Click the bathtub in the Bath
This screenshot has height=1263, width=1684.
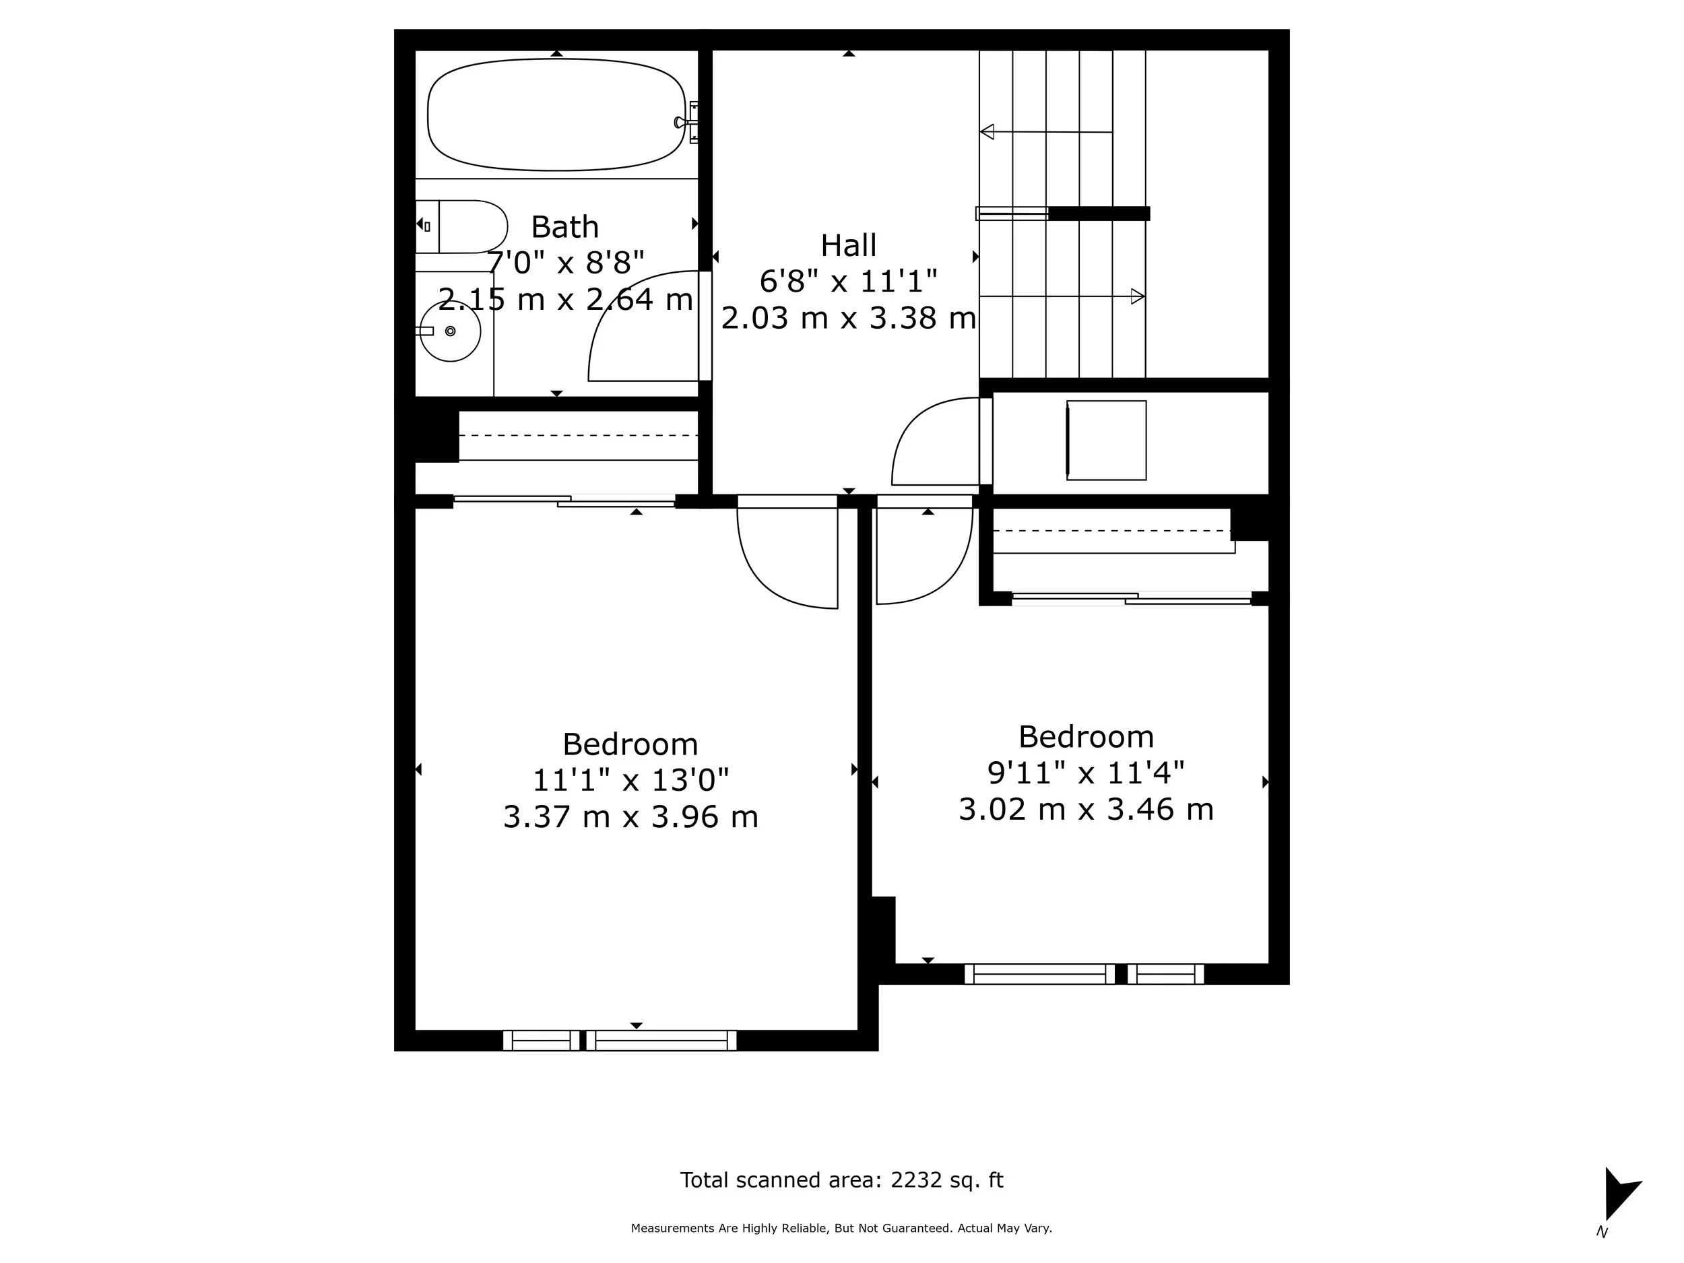coord(556,115)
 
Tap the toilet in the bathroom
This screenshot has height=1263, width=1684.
coord(468,226)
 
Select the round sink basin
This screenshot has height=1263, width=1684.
coord(451,331)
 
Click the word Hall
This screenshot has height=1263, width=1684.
coord(848,246)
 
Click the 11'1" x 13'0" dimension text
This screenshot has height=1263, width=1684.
coord(630,780)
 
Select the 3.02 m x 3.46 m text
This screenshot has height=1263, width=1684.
coord(1086,809)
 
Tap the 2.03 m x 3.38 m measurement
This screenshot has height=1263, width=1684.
coord(848,318)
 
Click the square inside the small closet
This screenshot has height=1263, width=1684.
coord(1106,440)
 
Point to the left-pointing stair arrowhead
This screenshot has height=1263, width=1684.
coord(987,132)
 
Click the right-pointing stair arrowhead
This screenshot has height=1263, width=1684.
coord(1138,296)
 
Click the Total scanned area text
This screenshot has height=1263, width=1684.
coord(841,1180)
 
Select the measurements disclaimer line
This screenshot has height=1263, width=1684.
coord(841,1228)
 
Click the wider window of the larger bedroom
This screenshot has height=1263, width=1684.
coord(661,1040)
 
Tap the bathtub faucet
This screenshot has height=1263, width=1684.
coord(682,122)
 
